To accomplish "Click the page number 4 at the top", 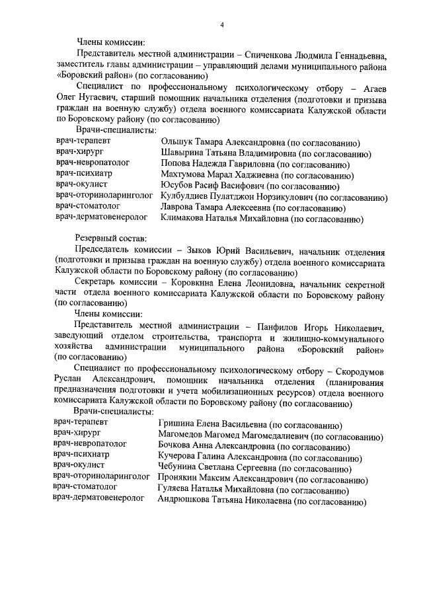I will pyautogui.click(x=222, y=24).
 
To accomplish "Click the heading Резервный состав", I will pyautogui.click(x=111, y=237).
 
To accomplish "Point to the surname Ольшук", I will pyautogui.click(x=177, y=143).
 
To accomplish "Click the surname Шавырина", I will pyautogui.click(x=183, y=154).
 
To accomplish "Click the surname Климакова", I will pyautogui.click(x=183, y=218).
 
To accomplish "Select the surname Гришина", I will pyautogui.click(x=176, y=426).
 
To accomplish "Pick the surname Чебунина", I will pyautogui.click(x=179, y=468).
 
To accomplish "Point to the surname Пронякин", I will pyautogui.click(x=179, y=479).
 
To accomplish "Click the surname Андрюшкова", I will pyautogui.click(x=184, y=501).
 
